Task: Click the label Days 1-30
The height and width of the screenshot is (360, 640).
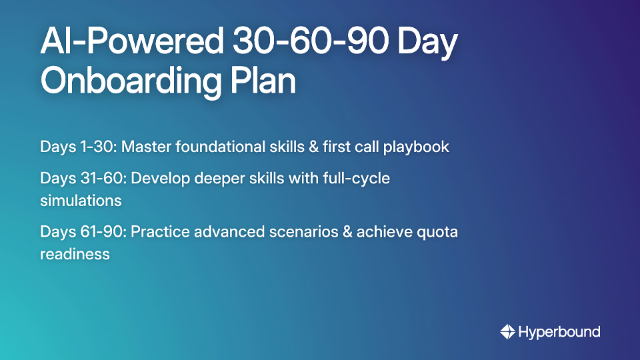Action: [73, 147]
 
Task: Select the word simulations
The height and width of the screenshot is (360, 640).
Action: [81, 200]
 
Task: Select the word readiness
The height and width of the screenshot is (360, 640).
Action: [75, 253]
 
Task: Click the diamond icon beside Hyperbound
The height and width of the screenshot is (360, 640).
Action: [508, 331]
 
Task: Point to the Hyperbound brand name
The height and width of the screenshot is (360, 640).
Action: [559, 331]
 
